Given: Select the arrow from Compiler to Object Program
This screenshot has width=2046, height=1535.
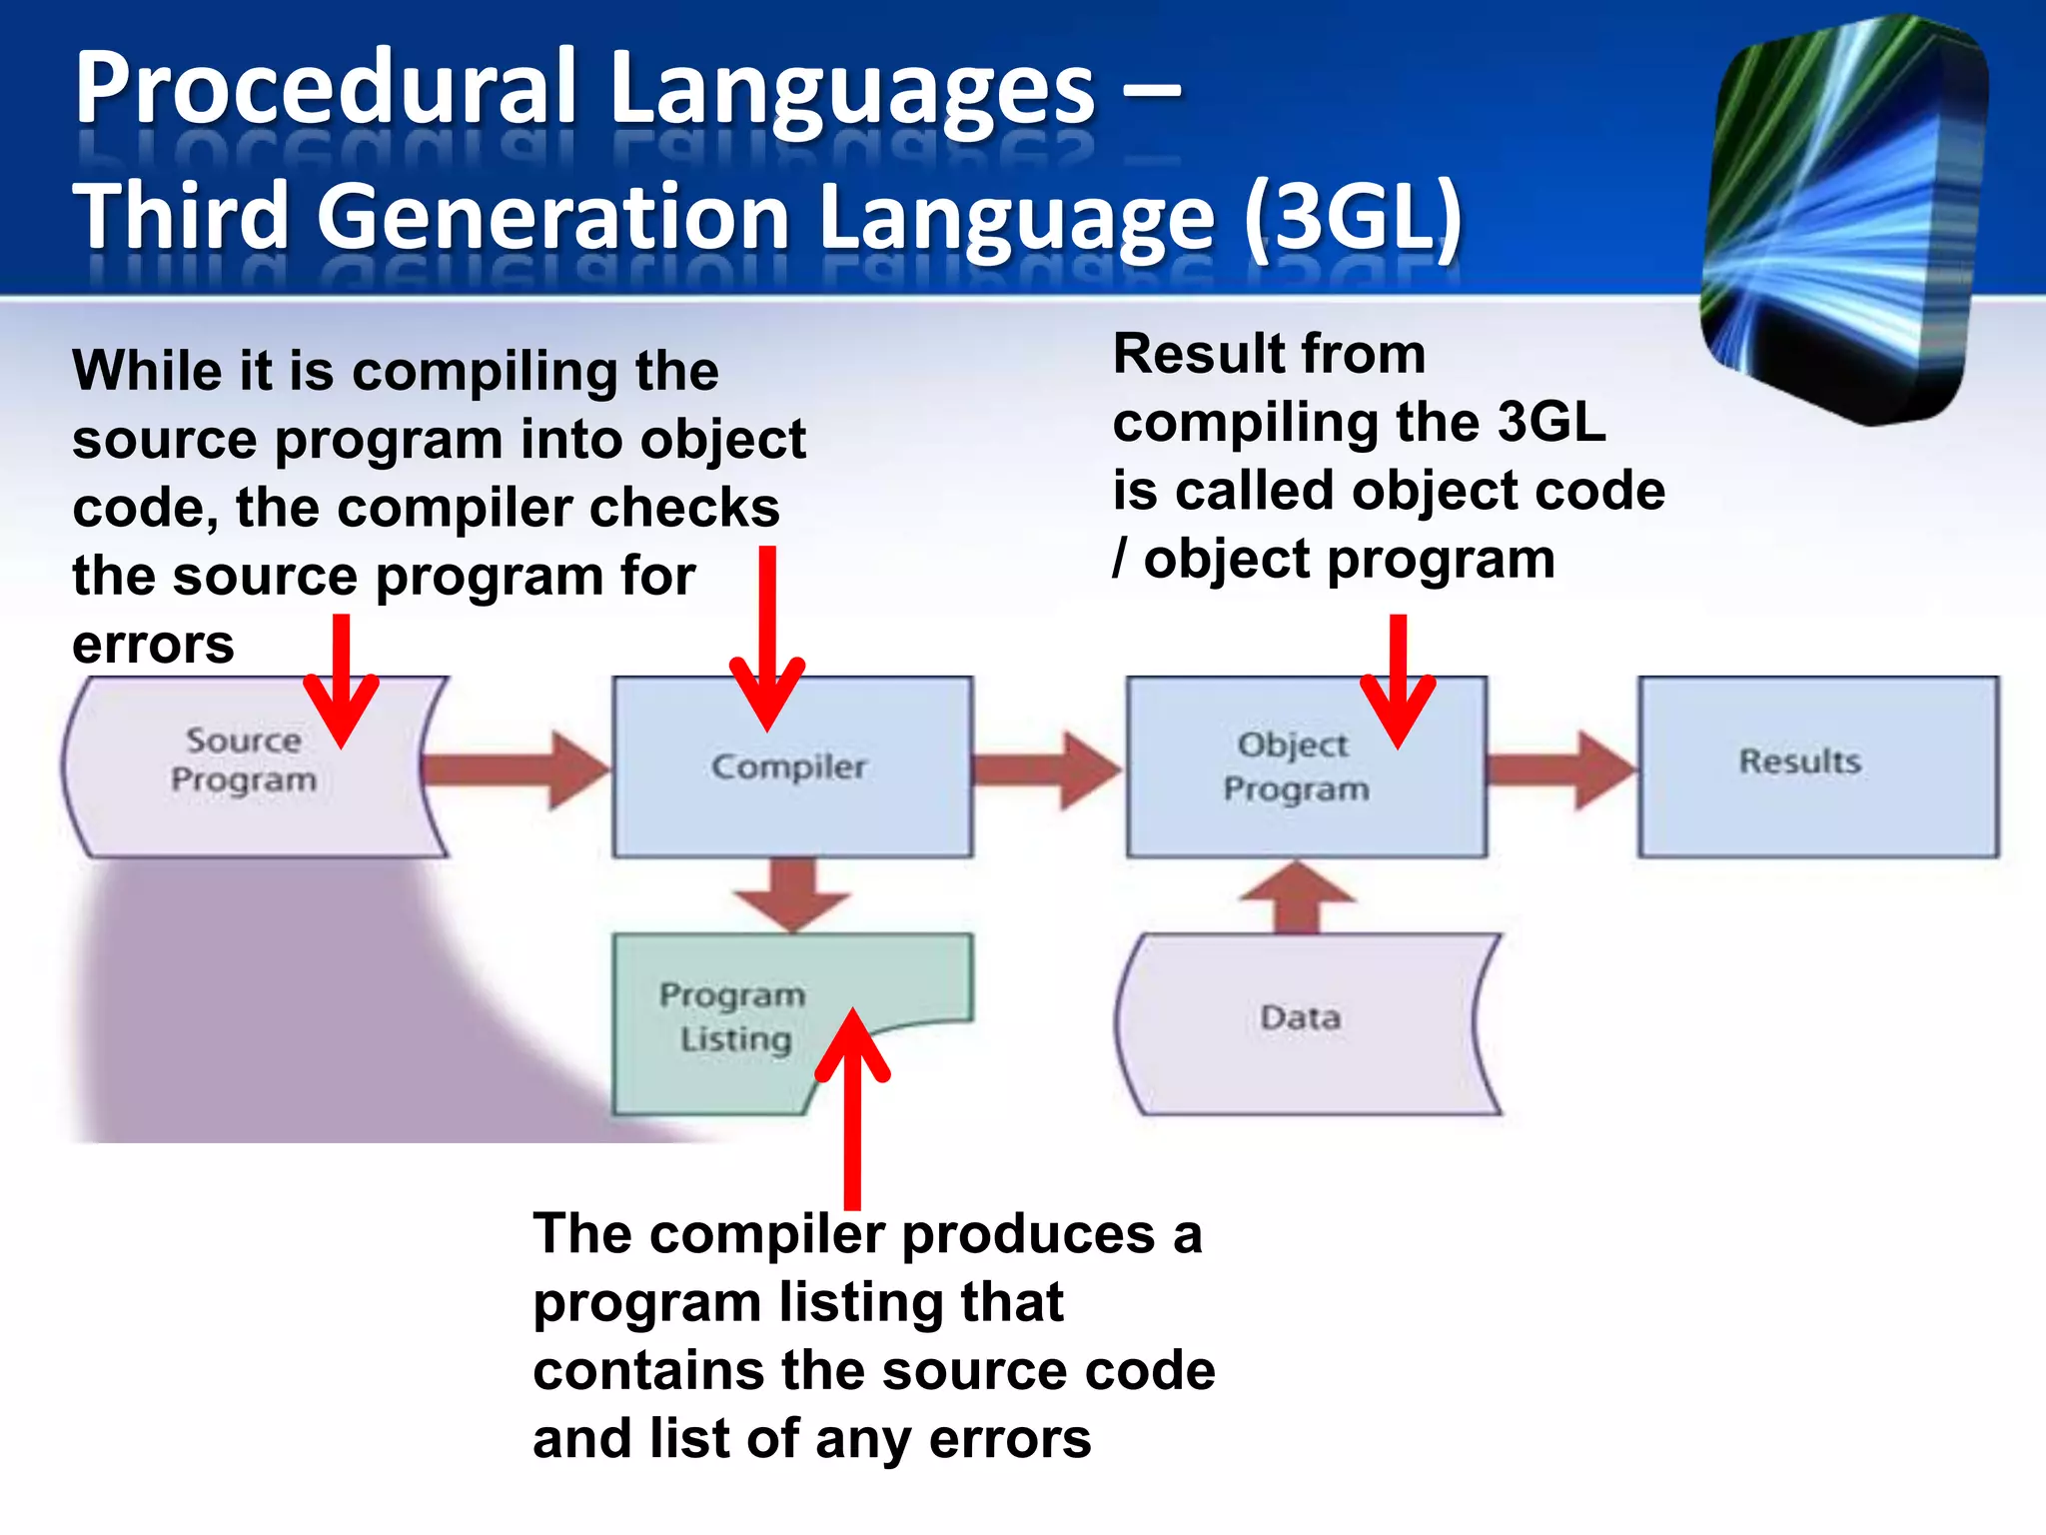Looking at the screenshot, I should click(1045, 769).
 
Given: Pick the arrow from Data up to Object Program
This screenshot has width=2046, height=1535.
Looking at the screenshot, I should click(1297, 897).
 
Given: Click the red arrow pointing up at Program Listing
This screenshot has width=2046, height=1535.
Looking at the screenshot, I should click(852, 1109).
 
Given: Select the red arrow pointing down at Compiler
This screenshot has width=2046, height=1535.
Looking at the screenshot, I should click(767, 640).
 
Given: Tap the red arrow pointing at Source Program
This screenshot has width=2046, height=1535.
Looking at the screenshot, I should click(341, 680).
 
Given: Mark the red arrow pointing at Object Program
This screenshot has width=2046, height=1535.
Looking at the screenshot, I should click(1398, 680).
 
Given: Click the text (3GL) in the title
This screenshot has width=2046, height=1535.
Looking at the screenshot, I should click(1354, 218).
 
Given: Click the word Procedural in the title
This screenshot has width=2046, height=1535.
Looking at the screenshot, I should click(326, 90).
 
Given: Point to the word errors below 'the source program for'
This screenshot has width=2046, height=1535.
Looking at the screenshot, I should click(153, 645).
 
